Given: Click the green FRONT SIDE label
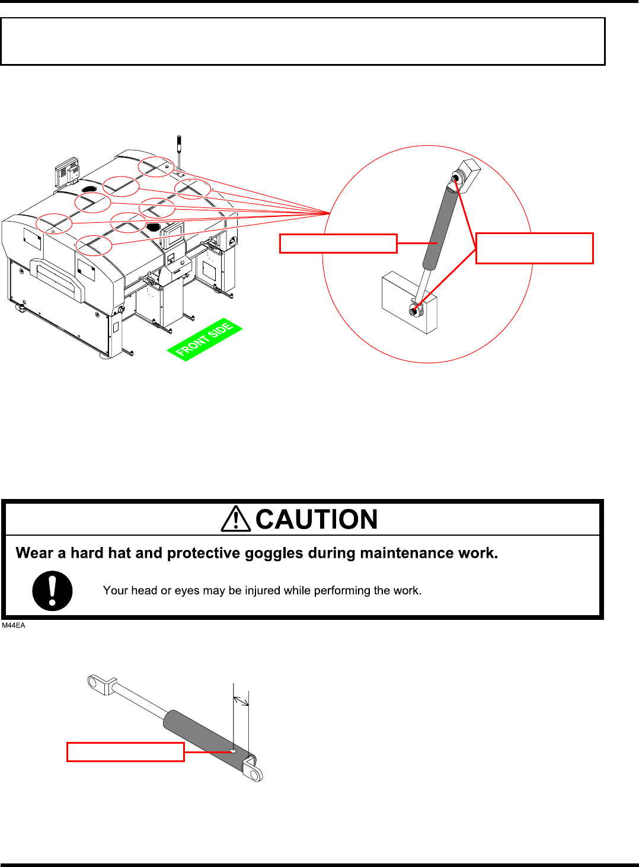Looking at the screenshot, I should (x=205, y=340).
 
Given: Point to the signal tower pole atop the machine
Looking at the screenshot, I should (x=178, y=151).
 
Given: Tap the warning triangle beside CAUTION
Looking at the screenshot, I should (x=236, y=519).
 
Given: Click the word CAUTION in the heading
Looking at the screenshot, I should (x=317, y=520).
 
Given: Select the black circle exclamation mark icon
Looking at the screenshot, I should (x=52, y=591).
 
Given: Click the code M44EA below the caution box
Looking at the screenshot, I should (x=14, y=625).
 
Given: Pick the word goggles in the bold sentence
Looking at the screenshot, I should (x=276, y=553).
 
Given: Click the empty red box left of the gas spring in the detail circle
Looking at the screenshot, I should (x=338, y=244).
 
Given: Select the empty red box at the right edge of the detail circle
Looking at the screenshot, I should (x=534, y=248).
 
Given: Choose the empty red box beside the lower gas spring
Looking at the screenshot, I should (x=125, y=751).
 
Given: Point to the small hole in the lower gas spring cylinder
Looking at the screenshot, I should (x=233, y=751).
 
